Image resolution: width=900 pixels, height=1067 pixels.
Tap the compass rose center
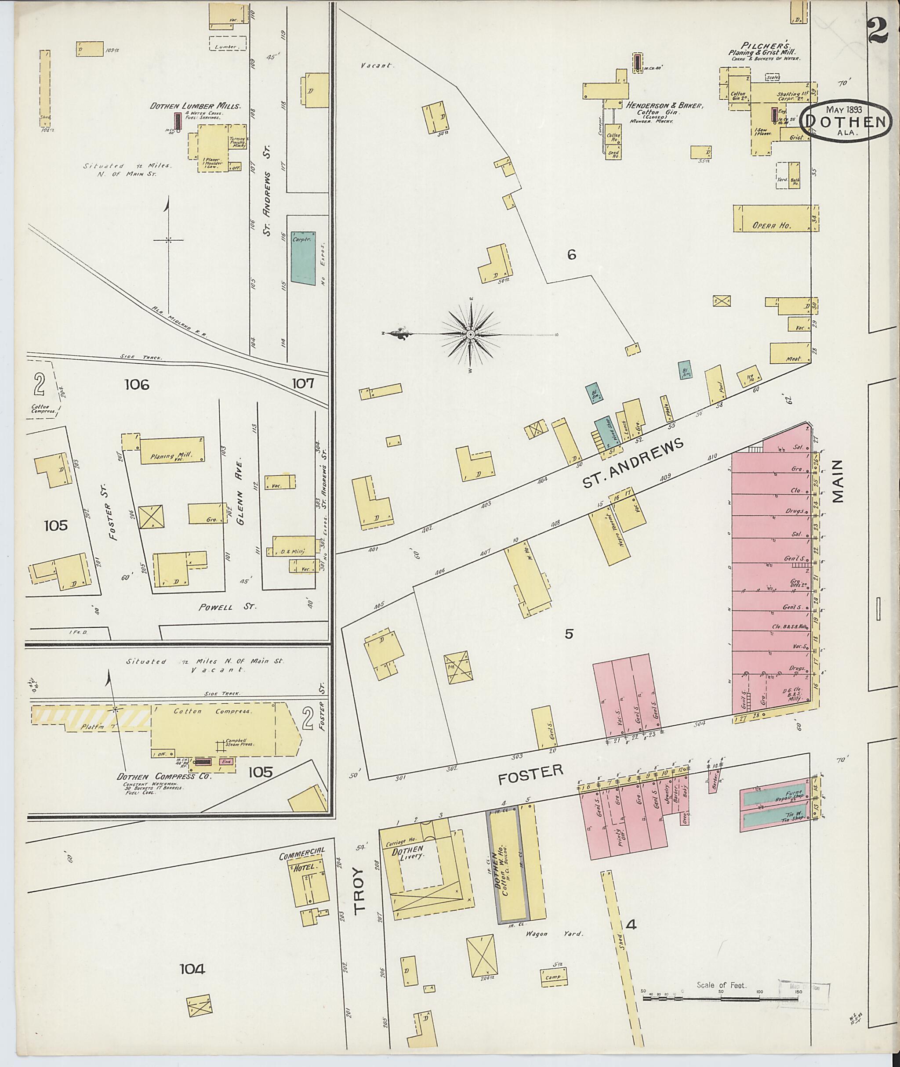(x=470, y=335)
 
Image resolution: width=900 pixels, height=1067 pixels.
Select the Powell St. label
(x=227, y=607)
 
